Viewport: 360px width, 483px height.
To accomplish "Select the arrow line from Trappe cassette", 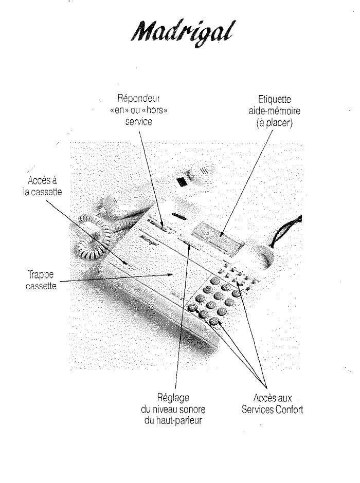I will (118, 278).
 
